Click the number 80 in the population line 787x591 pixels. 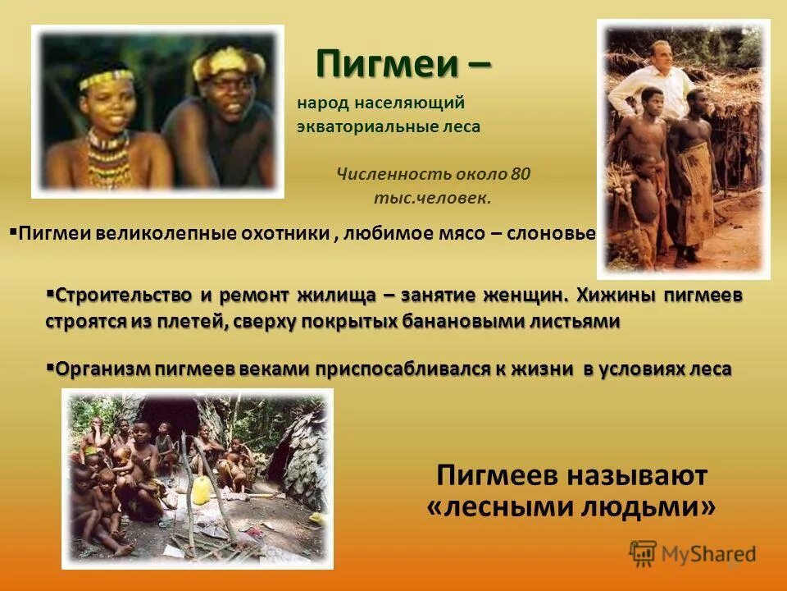(x=521, y=174)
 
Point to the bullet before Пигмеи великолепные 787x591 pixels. (x=13, y=231)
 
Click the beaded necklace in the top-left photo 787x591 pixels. (x=107, y=156)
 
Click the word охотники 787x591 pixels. (x=286, y=234)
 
